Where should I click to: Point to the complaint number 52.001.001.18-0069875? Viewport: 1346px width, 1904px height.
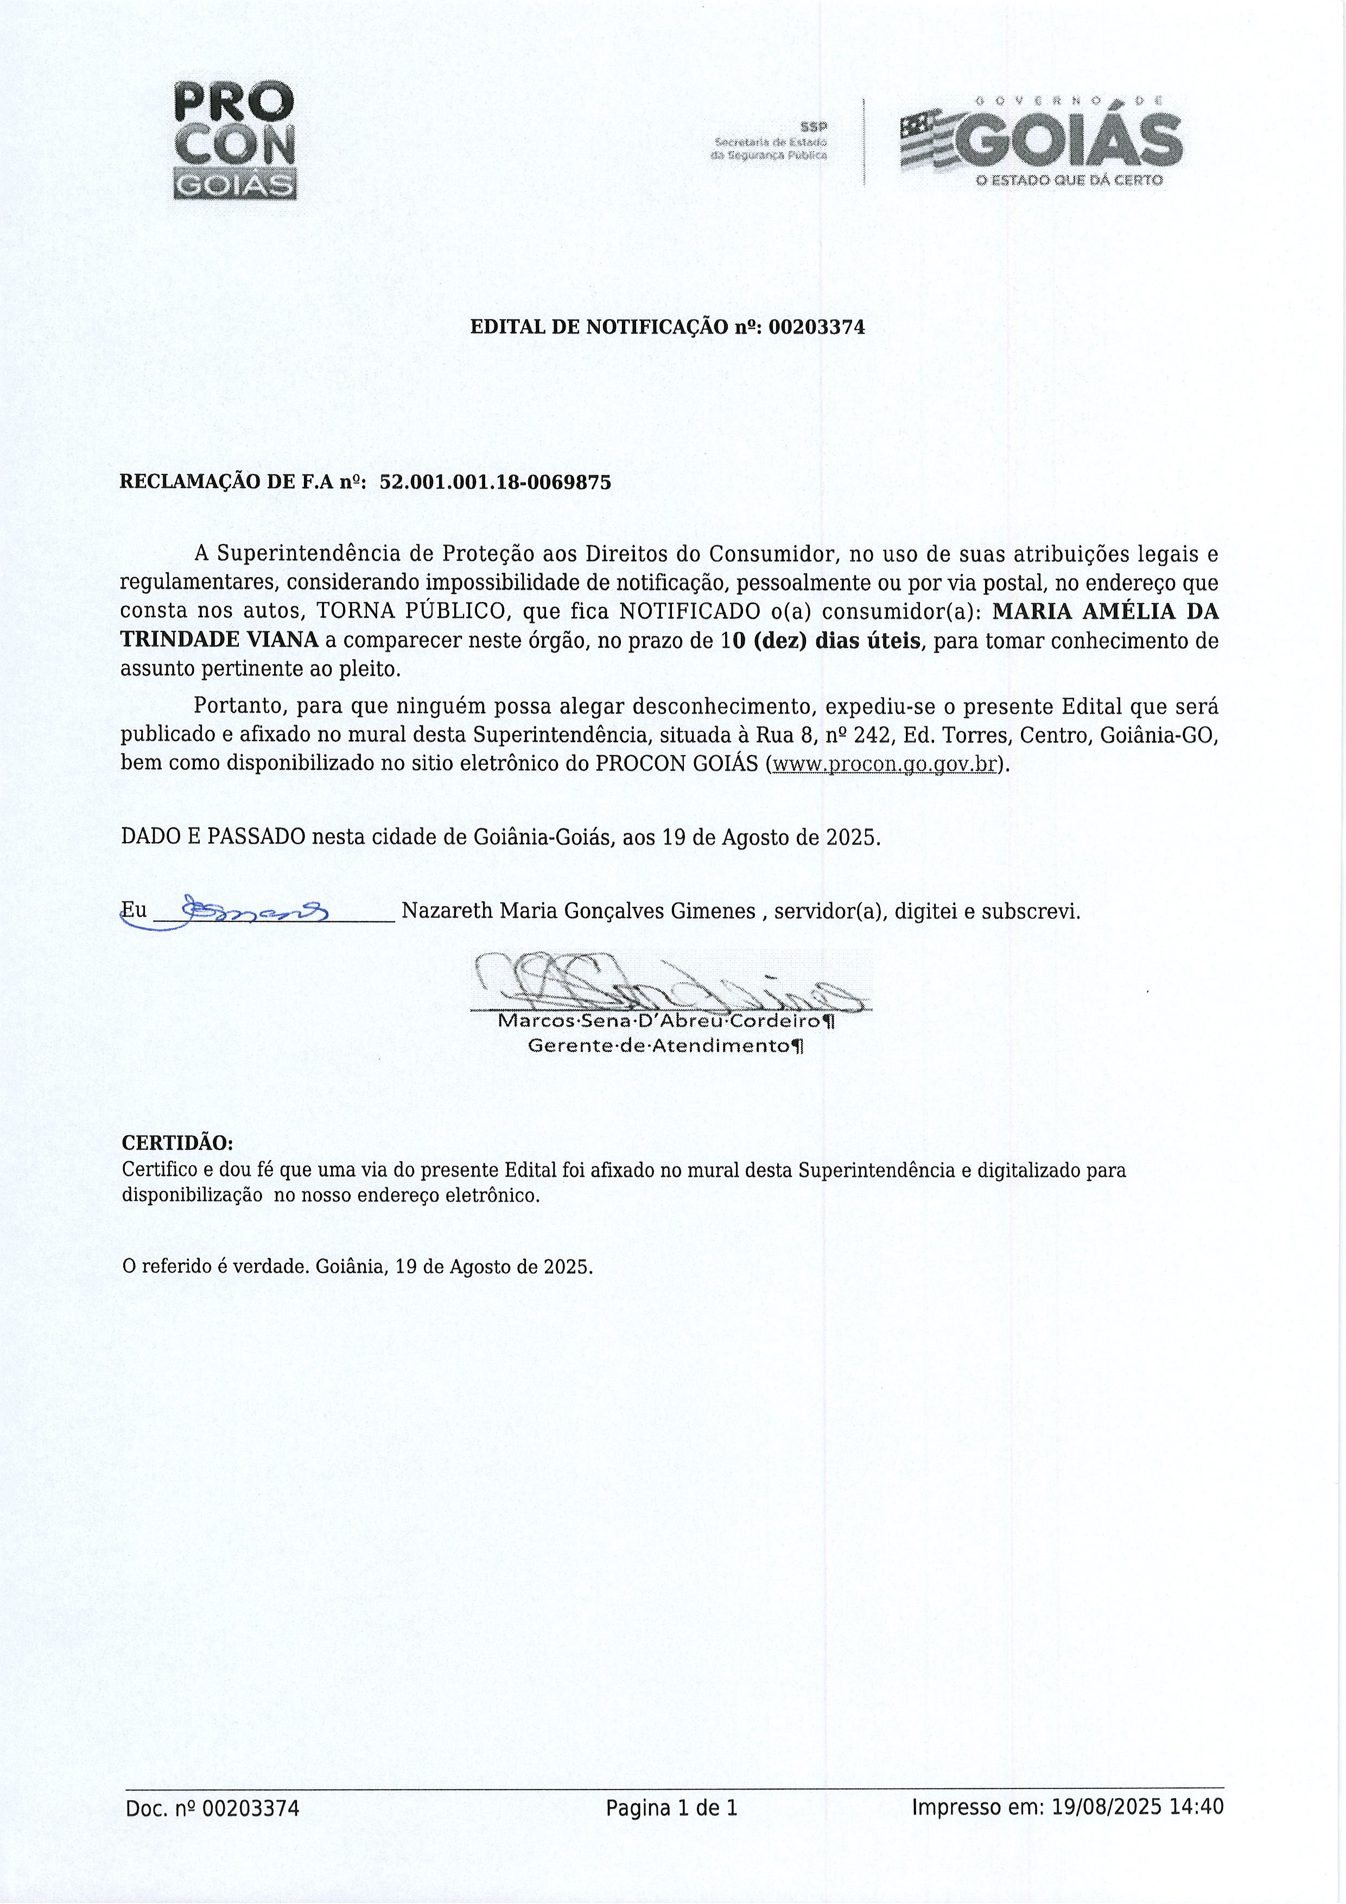495,483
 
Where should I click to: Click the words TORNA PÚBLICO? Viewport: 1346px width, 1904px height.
412,612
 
